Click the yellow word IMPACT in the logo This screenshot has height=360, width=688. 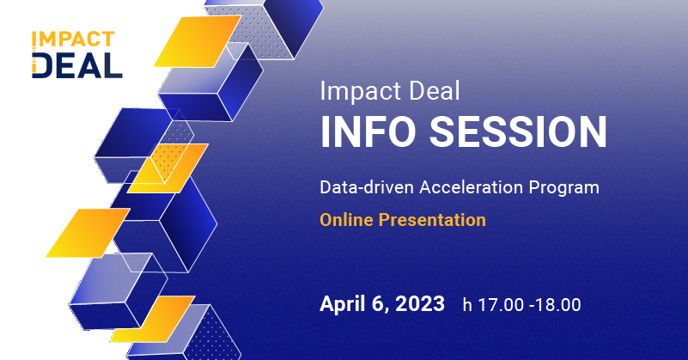72,40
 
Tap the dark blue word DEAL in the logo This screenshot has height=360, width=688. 77,64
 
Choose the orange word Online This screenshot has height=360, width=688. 346,220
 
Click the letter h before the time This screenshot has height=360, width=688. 468,304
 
